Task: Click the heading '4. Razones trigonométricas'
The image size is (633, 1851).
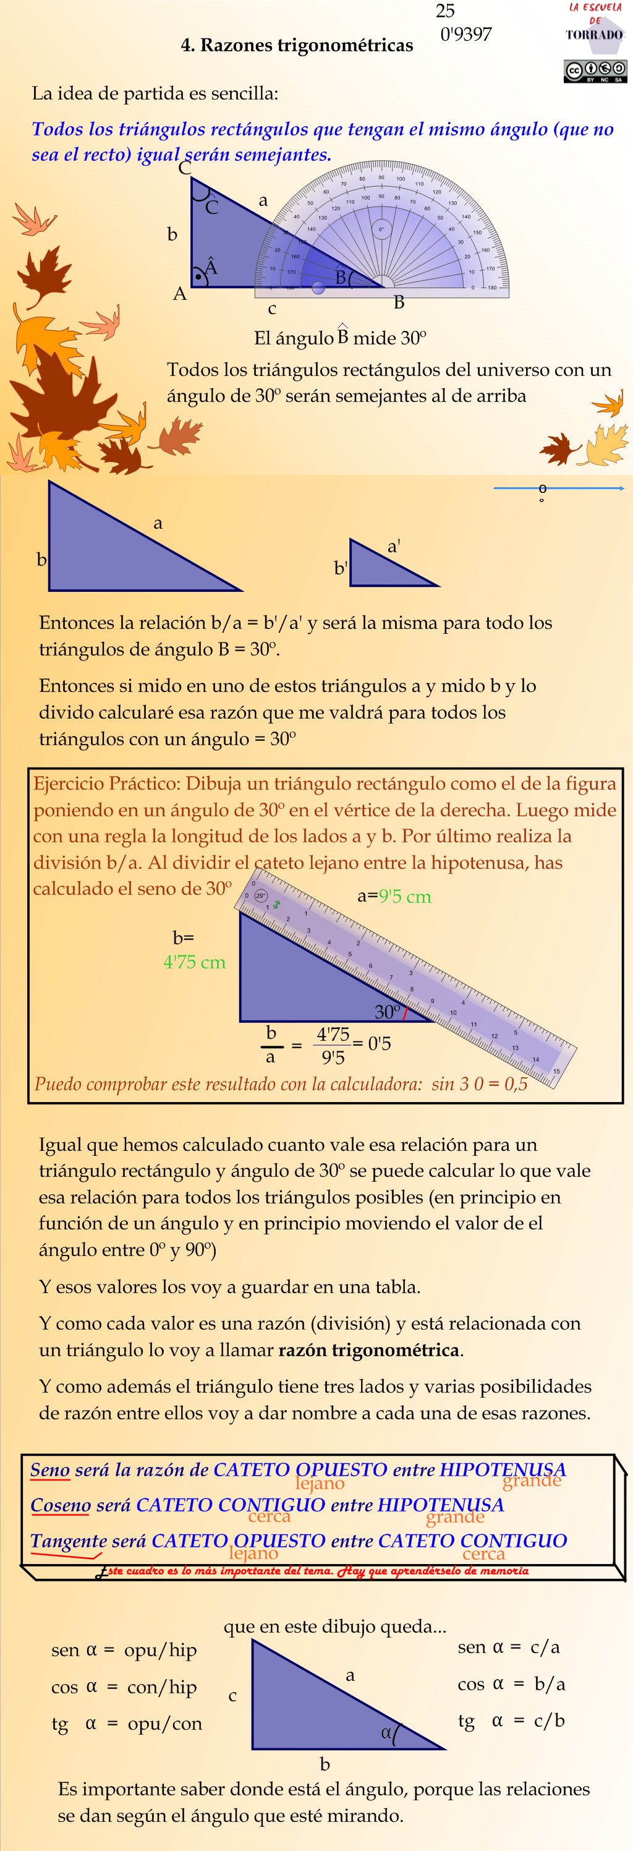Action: [297, 45]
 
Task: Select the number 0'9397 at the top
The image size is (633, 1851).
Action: [465, 34]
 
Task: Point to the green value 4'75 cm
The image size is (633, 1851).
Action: [194, 962]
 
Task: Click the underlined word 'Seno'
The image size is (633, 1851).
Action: [50, 1469]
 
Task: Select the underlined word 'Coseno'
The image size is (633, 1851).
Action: [61, 1504]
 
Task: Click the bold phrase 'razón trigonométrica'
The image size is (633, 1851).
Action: [368, 1349]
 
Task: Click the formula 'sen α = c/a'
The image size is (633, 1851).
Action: [509, 1646]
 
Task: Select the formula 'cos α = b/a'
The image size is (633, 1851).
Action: [511, 1683]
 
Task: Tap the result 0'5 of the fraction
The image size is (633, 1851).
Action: [379, 1043]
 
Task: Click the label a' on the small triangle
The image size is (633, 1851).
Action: [394, 546]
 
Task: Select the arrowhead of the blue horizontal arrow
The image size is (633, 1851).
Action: [621, 488]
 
